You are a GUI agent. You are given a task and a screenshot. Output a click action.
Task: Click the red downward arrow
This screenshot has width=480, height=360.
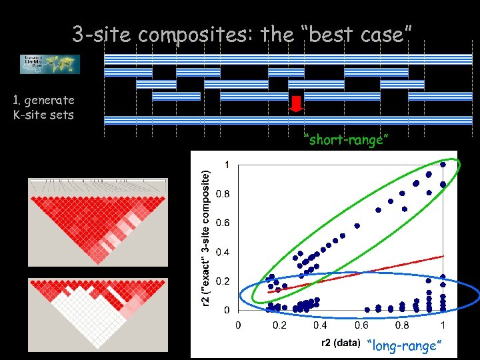(297, 104)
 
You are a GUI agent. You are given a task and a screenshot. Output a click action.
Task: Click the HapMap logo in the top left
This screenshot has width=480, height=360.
(49, 64)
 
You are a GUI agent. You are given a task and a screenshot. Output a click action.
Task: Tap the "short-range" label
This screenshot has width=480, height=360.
(345, 139)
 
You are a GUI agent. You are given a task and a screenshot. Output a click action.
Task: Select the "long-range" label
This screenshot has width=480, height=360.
(405, 345)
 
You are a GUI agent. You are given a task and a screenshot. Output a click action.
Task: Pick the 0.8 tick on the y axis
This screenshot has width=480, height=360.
(223, 194)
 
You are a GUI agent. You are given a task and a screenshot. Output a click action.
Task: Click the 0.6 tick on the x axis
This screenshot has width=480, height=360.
(361, 325)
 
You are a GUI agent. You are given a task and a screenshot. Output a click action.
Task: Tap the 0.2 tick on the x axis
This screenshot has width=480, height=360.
(279, 325)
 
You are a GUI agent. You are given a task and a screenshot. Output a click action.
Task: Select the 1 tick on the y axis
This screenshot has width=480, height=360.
(228, 165)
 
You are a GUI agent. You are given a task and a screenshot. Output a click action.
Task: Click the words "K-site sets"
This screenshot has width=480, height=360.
(43, 114)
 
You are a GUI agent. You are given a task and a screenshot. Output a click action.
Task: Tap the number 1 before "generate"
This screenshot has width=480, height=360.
(15, 100)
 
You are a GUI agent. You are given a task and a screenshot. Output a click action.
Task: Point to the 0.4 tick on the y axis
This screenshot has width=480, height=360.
(223, 252)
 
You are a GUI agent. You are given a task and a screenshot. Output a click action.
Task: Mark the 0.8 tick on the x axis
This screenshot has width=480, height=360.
(401, 325)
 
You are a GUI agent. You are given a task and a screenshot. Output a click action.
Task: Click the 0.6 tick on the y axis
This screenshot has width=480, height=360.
(223, 223)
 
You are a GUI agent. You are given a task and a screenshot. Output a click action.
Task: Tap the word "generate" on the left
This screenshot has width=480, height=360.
(49, 100)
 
